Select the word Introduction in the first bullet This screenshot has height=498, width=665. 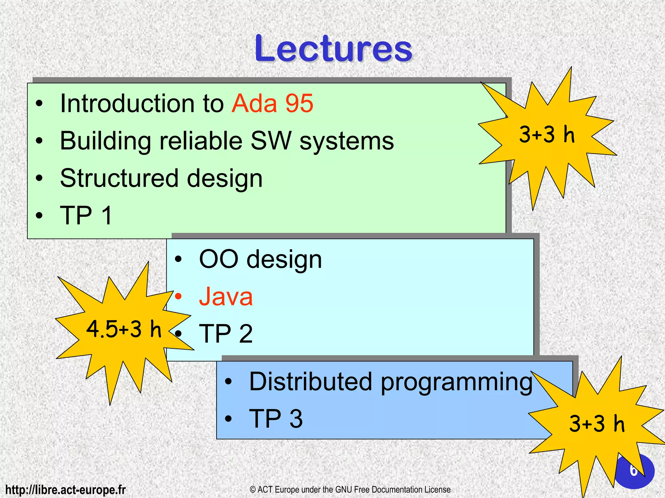pyautogui.click(x=128, y=104)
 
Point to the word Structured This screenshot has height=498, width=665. pyautogui.click(x=119, y=178)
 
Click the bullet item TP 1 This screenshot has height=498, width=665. pyautogui.click(x=86, y=215)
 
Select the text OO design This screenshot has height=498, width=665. pyautogui.click(x=260, y=259)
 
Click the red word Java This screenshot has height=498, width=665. pyautogui.click(x=226, y=297)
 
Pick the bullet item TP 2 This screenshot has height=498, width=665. pyautogui.click(x=226, y=334)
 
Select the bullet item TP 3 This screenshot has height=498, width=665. pyautogui.click(x=276, y=419)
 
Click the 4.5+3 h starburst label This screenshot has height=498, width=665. pyautogui.click(x=123, y=329)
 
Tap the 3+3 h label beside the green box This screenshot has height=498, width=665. pyautogui.click(x=547, y=134)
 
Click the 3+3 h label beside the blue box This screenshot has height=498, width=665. pyautogui.click(x=597, y=424)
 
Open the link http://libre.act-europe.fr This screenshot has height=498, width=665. pyautogui.click(x=66, y=490)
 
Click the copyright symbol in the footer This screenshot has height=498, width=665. pyautogui.click(x=253, y=490)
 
